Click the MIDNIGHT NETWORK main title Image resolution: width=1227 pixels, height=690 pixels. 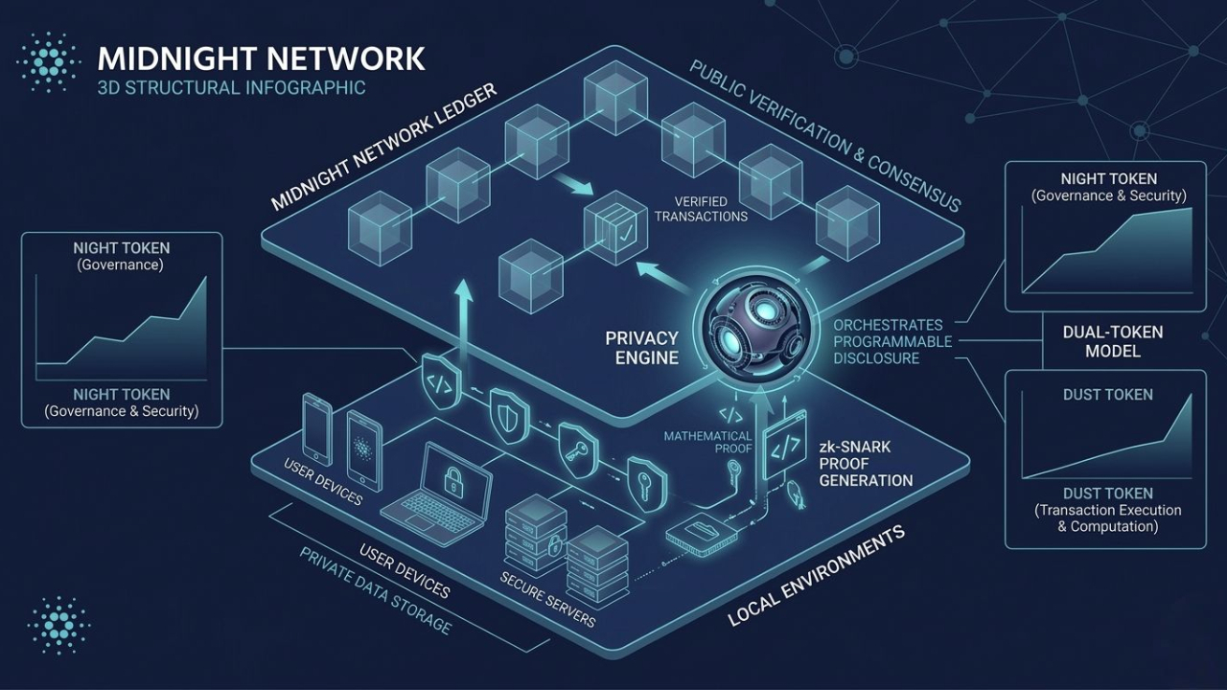(x=261, y=58)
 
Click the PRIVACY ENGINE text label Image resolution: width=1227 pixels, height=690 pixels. (x=641, y=348)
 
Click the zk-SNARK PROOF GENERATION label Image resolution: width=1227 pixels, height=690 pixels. (x=865, y=463)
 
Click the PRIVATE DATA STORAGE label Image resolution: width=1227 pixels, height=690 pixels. (x=374, y=590)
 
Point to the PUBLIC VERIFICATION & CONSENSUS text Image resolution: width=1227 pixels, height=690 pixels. (x=824, y=136)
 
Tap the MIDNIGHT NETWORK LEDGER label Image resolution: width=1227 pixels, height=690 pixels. (x=383, y=147)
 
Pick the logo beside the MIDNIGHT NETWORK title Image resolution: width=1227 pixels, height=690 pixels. (x=48, y=59)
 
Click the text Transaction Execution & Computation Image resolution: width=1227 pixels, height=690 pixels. (x=1108, y=518)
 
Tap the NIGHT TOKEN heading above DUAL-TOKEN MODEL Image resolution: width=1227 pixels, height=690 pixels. (x=1108, y=178)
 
